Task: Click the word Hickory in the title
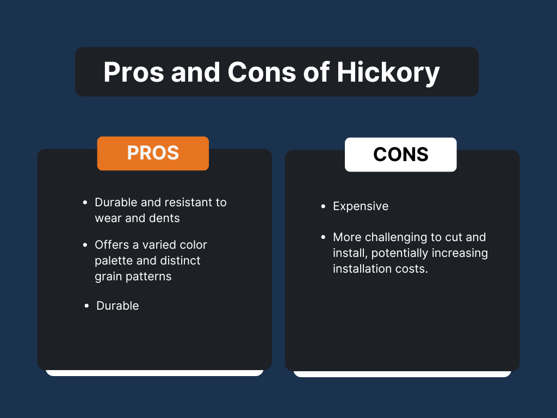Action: click(x=388, y=72)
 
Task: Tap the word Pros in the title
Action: click(x=134, y=72)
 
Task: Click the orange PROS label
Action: click(x=153, y=153)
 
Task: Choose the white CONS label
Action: click(x=401, y=155)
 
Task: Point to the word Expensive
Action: click(x=361, y=206)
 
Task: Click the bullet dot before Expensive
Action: click(x=323, y=207)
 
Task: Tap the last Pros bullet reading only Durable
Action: click(x=117, y=306)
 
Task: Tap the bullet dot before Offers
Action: click(x=85, y=245)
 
